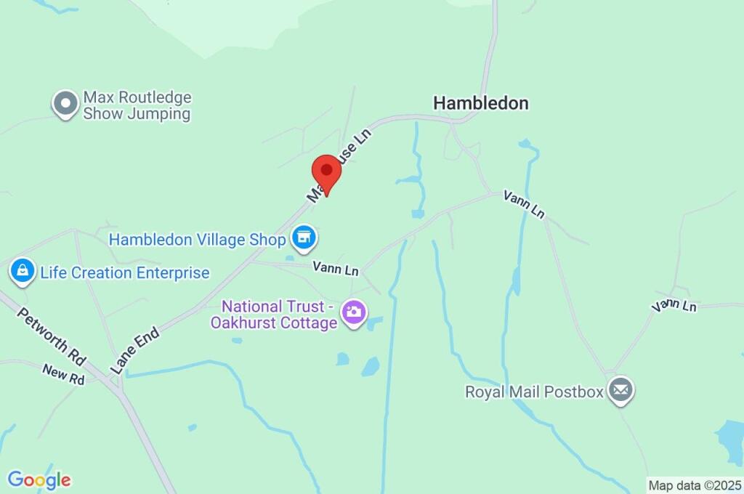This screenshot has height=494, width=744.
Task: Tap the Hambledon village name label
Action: (480, 103)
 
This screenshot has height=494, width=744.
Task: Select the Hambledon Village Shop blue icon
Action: (304, 236)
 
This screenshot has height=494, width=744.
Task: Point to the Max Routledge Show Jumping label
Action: (137, 105)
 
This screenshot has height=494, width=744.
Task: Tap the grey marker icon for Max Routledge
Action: (65, 104)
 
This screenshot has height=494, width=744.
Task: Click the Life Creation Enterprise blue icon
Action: (23, 272)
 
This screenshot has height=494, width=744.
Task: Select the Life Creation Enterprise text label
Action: (125, 273)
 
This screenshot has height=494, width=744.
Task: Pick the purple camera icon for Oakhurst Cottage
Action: (354, 313)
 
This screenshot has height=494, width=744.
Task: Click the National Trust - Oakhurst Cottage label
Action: (275, 315)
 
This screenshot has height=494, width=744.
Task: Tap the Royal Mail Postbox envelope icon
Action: (620, 391)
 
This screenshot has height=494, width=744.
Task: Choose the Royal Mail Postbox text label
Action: (535, 392)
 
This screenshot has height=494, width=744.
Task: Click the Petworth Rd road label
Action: (51, 336)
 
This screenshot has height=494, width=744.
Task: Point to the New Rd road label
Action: (63, 374)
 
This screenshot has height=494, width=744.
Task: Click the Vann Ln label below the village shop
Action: (336, 269)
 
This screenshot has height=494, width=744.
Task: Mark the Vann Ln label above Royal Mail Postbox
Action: (674, 306)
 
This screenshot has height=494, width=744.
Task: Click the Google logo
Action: (39, 479)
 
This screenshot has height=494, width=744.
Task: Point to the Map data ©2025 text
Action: (695, 485)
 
